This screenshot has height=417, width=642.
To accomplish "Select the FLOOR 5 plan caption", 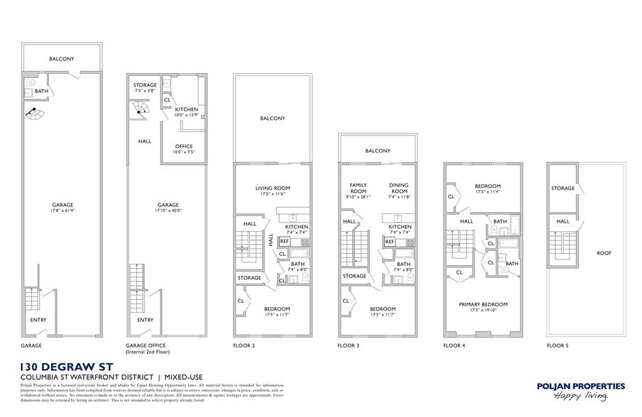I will coord(560,346).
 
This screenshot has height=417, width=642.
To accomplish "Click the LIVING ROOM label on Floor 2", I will coord(273,188).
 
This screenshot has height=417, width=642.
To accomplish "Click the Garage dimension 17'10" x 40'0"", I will coord(168,209).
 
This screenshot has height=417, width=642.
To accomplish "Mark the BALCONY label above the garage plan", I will coord(61,59).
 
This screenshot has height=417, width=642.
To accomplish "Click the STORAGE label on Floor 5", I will coord(562,189).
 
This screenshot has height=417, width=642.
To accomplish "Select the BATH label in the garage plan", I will coord(41,91).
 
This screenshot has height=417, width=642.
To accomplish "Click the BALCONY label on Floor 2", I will coord(273,118).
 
